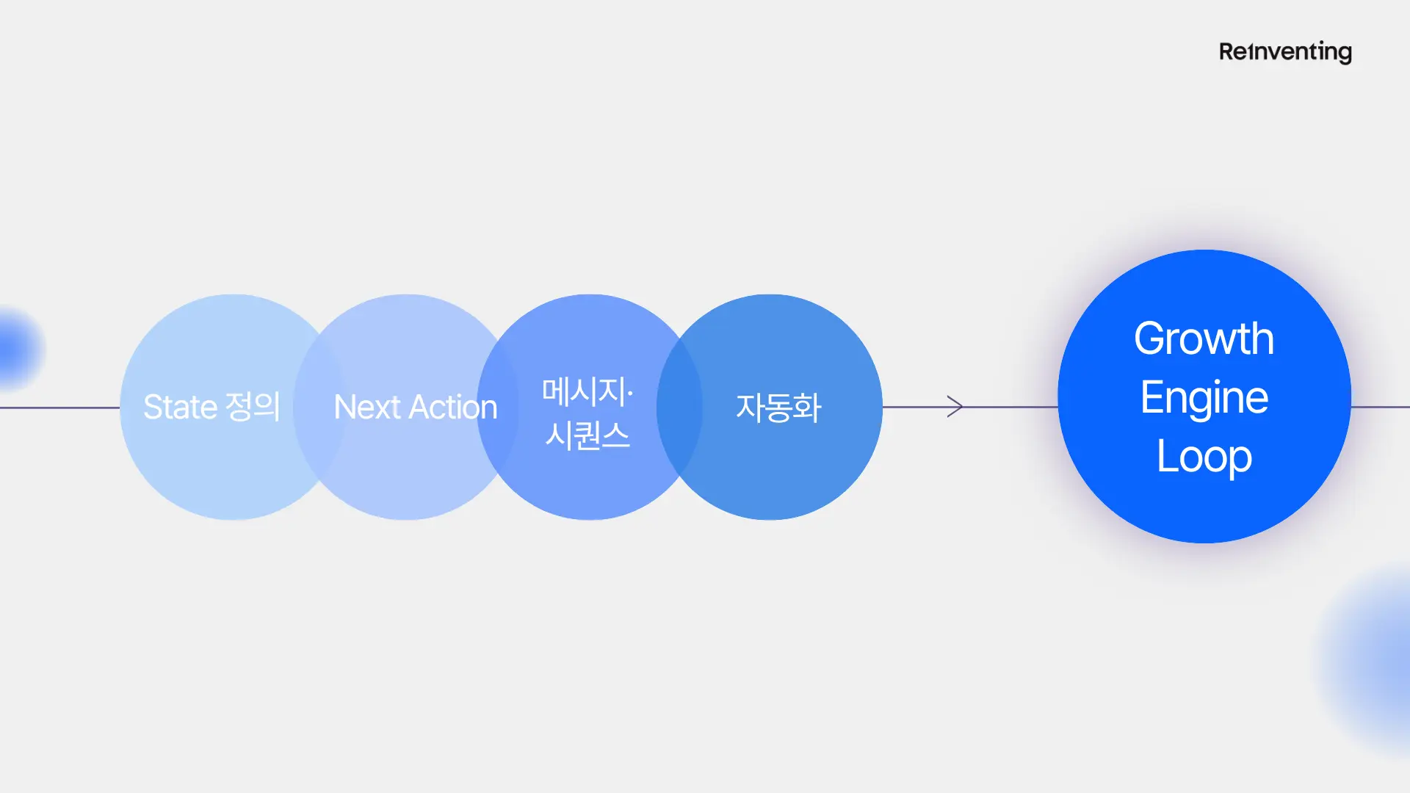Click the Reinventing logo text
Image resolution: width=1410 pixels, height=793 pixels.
[x=1285, y=52]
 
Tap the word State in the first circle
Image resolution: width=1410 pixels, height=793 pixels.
[x=180, y=407]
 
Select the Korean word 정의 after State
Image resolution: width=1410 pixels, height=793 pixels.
[x=253, y=406]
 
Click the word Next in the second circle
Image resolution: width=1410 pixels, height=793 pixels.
[x=366, y=407]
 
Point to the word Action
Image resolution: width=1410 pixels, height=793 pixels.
[x=452, y=407]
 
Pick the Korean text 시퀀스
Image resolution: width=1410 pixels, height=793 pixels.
[x=587, y=435]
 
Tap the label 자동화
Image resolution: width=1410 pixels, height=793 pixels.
[x=778, y=408]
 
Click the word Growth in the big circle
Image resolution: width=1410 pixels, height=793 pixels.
[x=1204, y=338]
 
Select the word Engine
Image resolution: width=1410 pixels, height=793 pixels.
[x=1204, y=397]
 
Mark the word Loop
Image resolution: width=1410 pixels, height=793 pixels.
[x=1204, y=457]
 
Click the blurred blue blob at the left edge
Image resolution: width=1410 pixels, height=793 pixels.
[x=16, y=348]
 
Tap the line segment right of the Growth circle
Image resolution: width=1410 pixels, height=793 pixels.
[x=1381, y=407]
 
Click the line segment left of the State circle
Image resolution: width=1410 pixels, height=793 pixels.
[x=59, y=408]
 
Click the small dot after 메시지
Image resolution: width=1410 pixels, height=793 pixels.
[x=630, y=394]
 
